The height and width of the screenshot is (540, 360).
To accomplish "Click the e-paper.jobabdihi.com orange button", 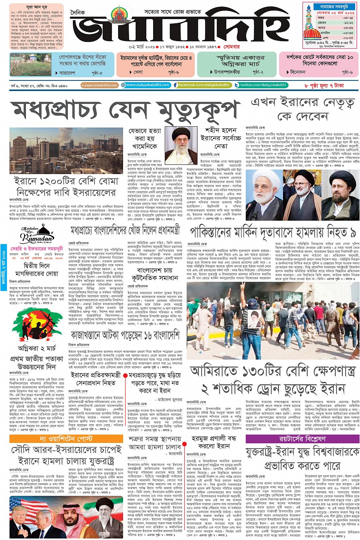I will click(99, 85).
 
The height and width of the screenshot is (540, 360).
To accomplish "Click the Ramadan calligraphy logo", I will click(37, 236).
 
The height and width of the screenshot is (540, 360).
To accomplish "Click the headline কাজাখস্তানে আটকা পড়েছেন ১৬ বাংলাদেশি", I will click(125, 336).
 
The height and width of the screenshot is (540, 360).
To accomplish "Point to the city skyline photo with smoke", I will click(66, 151).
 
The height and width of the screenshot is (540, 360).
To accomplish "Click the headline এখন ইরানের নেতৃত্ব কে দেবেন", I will click(302, 109).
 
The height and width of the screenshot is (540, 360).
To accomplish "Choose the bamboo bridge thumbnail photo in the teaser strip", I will click(30, 65).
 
